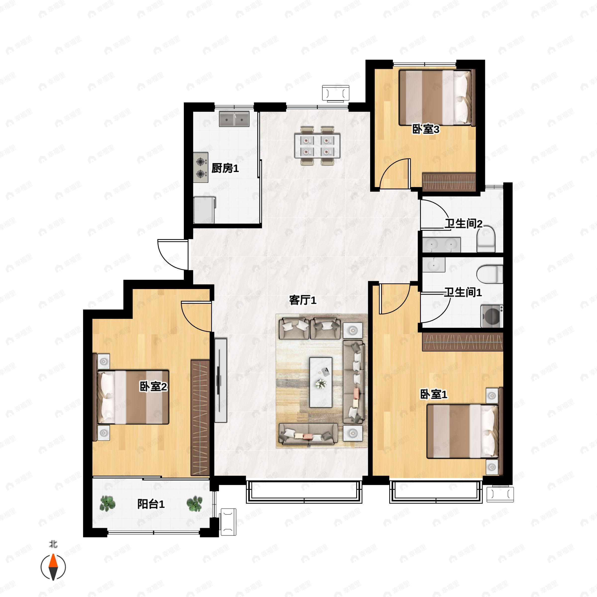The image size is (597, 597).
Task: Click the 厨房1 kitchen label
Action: tap(225, 168)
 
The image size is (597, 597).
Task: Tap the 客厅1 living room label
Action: tap(302, 300)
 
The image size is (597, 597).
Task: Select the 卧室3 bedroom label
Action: tap(426, 129)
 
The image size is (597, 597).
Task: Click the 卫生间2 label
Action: tap(463, 224)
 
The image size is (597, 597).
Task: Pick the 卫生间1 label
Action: tap(463, 292)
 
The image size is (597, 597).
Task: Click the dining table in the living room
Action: tap(317, 146)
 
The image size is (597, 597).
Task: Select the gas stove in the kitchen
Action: tap(201, 167)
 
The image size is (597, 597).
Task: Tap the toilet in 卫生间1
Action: tap(490, 274)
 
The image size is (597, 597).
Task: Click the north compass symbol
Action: tap(53, 567)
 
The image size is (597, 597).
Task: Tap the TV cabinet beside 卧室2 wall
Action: tap(221, 380)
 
